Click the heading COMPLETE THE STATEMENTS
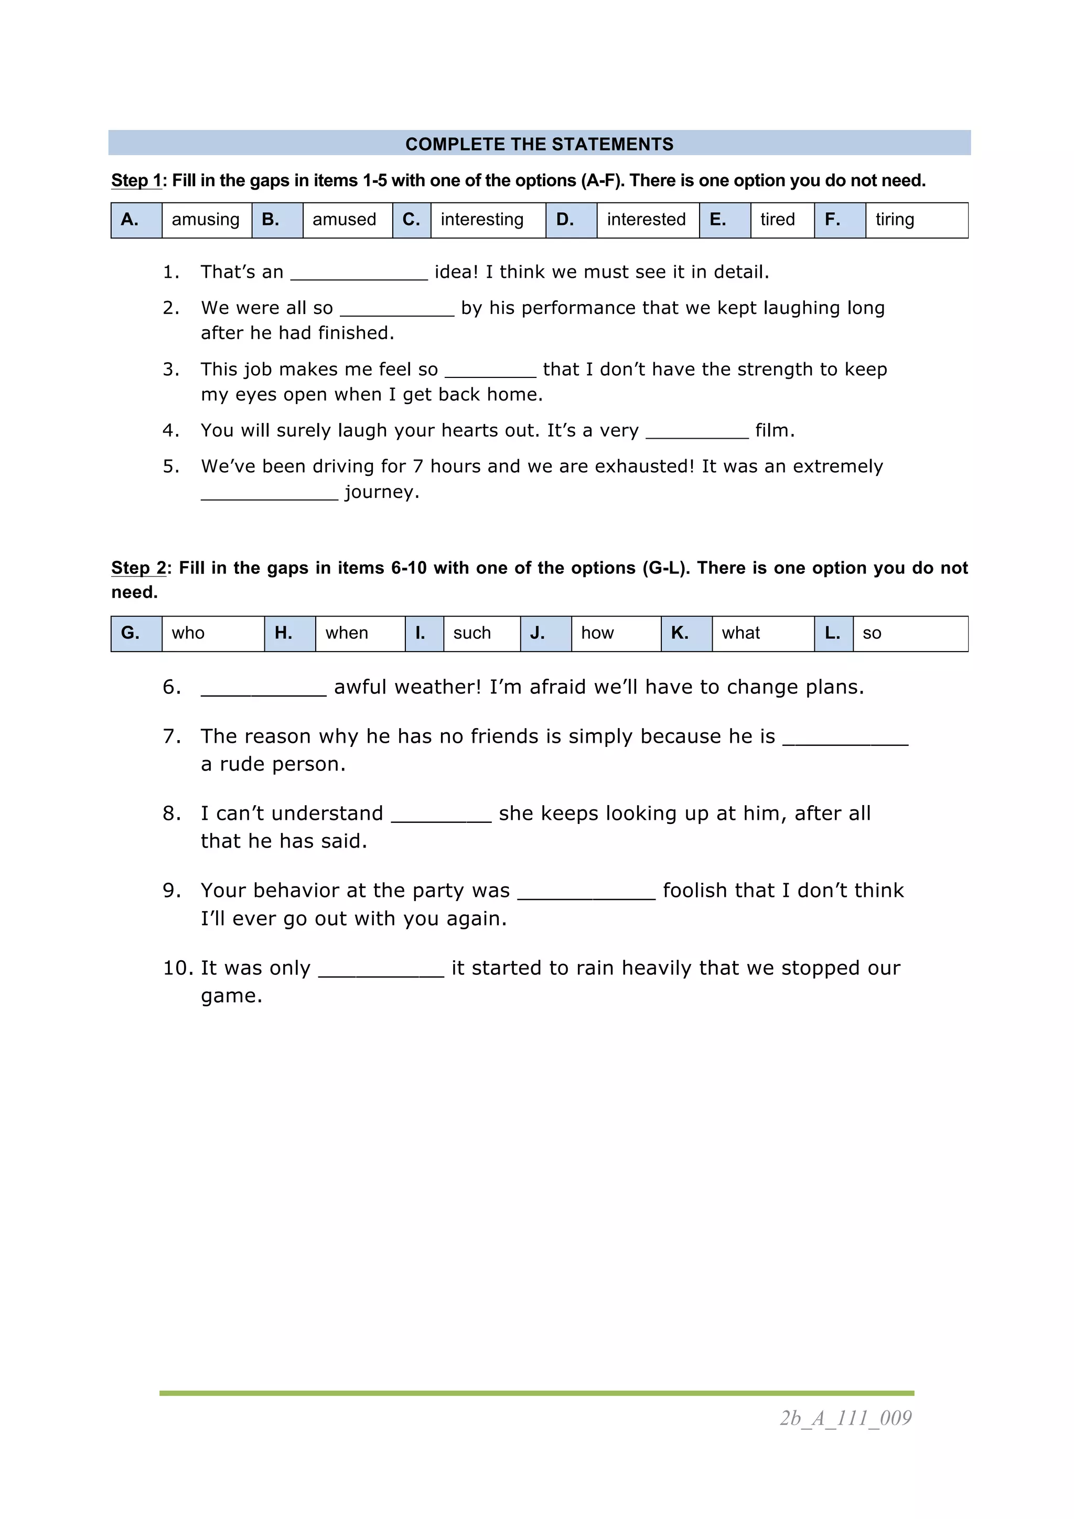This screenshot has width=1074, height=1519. pyautogui.click(x=539, y=144)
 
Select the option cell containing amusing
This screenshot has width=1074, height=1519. pyautogui.click(x=206, y=220)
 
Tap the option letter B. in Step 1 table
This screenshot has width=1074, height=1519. pyautogui.click(x=271, y=220)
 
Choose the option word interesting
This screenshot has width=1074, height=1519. pyautogui.click(x=482, y=220)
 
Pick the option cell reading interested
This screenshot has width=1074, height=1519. pyautogui.click(x=646, y=220)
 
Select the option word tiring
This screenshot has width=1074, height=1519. pyautogui.click(x=894, y=220)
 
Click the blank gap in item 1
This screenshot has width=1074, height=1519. pyautogui.click(x=359, y=274)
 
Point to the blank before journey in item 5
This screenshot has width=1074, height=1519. pyautogui.click(x=270, y=494)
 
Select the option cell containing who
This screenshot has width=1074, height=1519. pyautogui.click(x=189, y=633)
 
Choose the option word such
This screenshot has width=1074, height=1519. pyautogui.click(x=472, y=633)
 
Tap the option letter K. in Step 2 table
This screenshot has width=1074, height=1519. pyautogui.click(x=680, y=633)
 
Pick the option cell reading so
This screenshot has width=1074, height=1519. pyautogui.click(x=872, y=633)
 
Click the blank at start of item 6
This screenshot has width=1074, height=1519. pyautogui.click(x=263, y=689)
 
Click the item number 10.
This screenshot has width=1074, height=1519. pyautogui.click(x=178, y=968)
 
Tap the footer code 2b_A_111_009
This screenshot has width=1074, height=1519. pyautogui.click(x=845, y=1418)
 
